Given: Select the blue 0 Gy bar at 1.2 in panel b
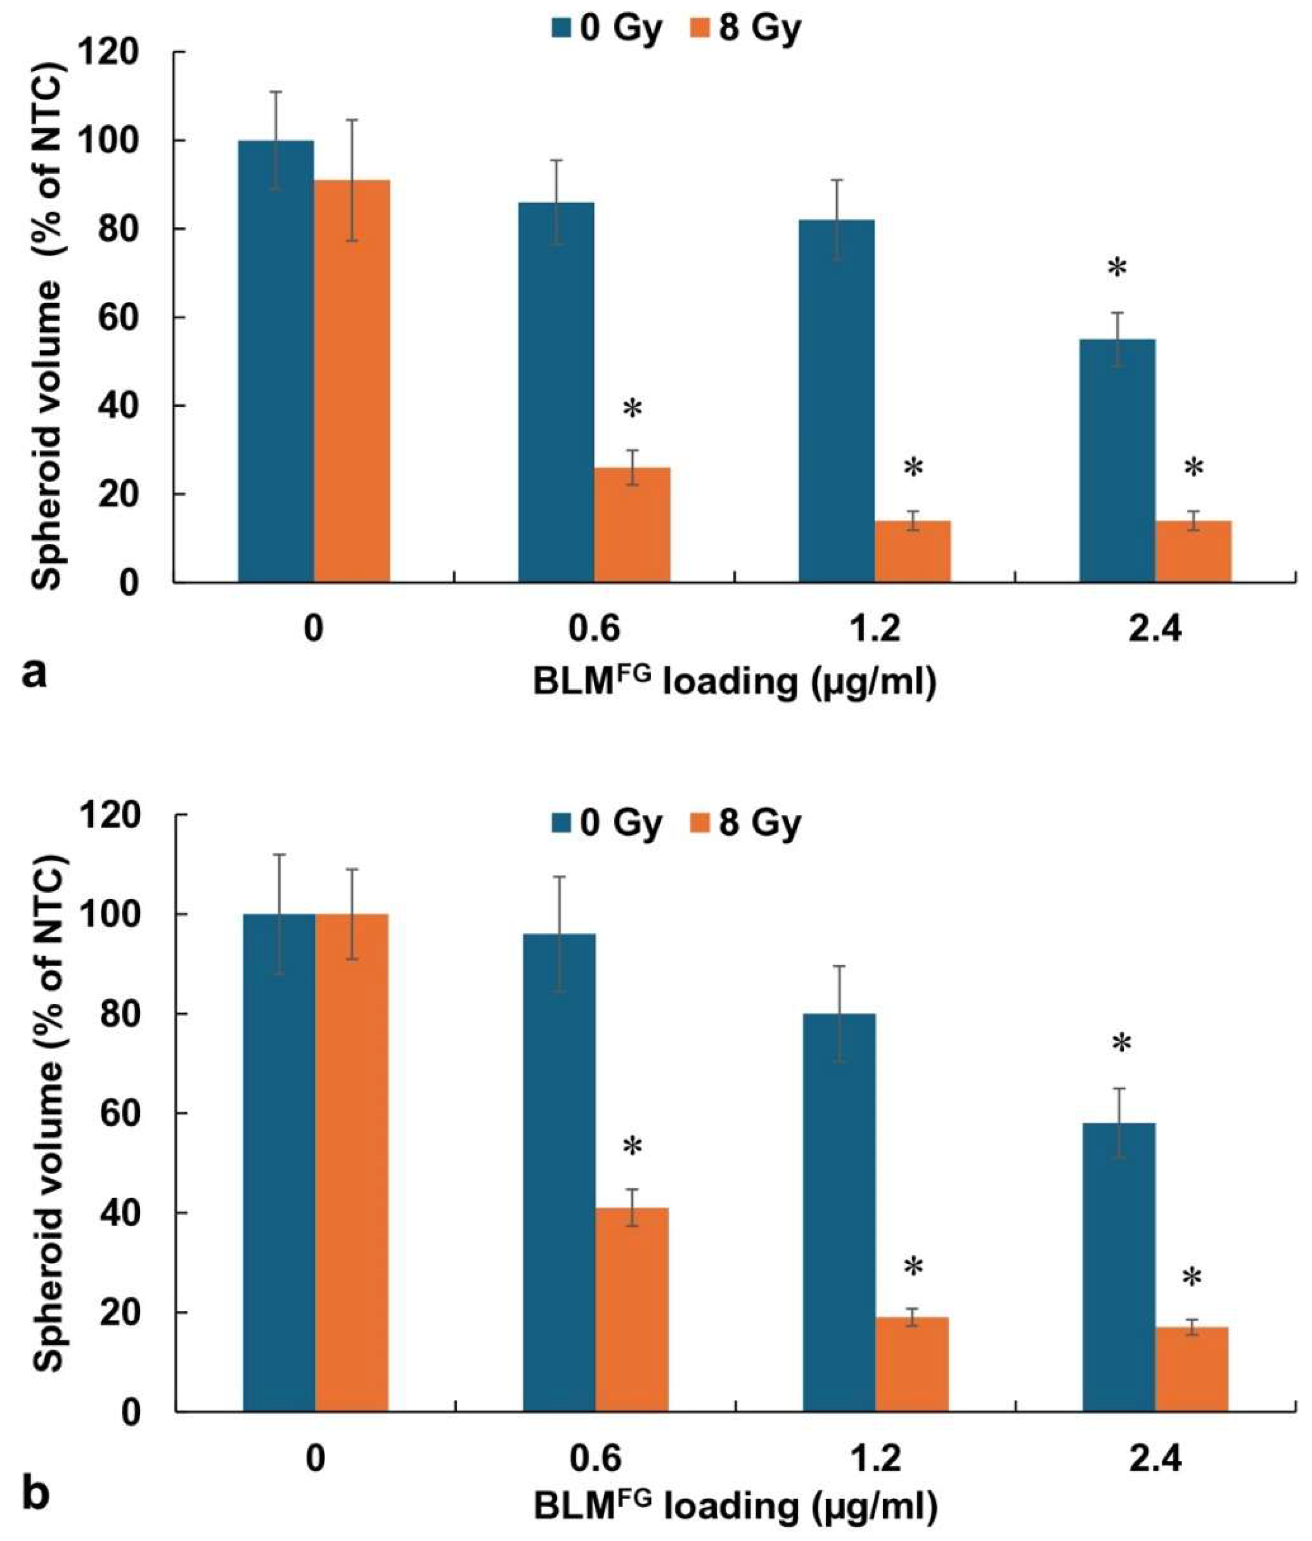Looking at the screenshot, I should pos(838,1220).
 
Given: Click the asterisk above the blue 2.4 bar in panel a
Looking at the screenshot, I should pos(1117,268).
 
